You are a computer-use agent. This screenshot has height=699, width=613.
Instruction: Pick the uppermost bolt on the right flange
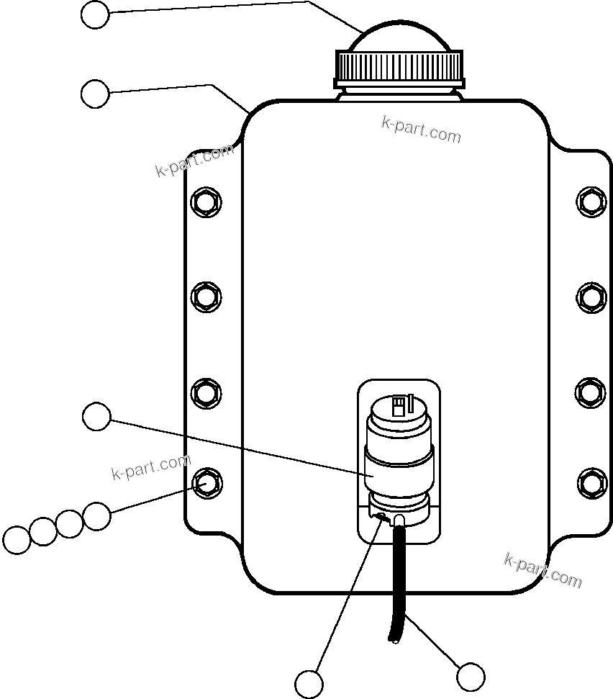591,201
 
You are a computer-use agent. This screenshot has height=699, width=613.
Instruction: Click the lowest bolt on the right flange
591,482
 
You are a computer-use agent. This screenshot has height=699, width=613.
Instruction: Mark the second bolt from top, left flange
206,296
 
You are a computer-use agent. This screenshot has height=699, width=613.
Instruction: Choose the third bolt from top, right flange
591,392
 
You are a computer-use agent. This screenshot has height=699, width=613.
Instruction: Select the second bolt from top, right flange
591,296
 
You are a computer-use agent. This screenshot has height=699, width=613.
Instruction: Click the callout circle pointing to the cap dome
95,14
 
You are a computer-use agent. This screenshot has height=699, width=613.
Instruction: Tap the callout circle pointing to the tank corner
95,94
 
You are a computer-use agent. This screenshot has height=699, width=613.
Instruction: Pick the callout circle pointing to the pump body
96,417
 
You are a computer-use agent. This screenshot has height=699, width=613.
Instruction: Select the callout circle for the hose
471,677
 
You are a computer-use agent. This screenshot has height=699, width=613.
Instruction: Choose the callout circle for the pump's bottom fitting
309,683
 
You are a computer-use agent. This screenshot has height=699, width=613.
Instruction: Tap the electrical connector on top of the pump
399,408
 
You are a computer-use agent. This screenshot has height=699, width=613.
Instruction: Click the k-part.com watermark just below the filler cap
421,130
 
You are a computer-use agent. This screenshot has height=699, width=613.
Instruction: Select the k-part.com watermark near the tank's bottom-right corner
543,569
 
